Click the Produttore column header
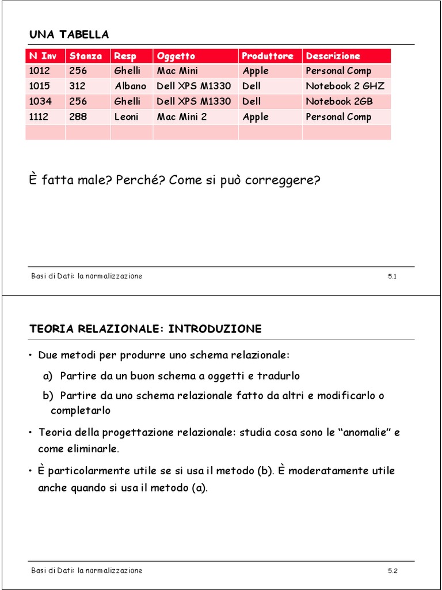(268, 56)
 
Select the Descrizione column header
(333, 56)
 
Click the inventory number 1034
(40, 101)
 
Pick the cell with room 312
(77, 86)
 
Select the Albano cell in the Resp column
(130, 86)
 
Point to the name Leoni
(127, 116)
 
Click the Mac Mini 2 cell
(181, 116)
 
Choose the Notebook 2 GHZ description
(345, 86)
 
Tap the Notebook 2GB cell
(339, 101)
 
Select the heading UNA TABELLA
(69, 35)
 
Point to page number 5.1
(393, 277)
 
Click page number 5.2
(393, 571)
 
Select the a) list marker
(48, 376)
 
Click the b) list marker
(48, 396)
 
